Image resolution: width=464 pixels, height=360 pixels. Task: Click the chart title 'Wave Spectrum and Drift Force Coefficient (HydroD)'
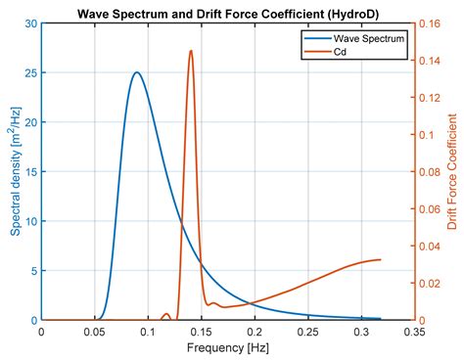click(228, 13)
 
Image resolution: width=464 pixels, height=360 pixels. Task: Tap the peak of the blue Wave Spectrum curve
click(136, 72)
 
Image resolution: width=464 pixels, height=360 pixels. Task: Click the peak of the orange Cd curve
click(190, 51)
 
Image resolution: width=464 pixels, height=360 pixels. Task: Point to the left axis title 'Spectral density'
click(17, 171)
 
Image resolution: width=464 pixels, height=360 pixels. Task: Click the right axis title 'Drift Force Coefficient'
click(452, 171)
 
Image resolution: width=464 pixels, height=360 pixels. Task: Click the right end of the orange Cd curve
click(380, 260)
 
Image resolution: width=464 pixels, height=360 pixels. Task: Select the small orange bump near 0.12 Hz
click(166, 314)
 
